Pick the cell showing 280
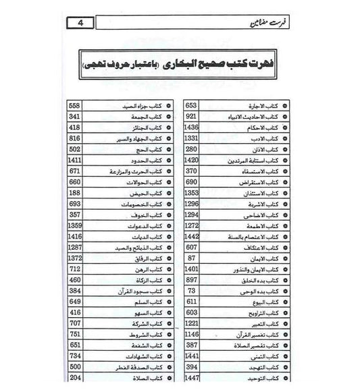pyautogui.click(x=191, y=149)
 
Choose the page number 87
pyautogui.click(x=191, y=257)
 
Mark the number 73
pyautogui.click(x=191, y=289)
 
